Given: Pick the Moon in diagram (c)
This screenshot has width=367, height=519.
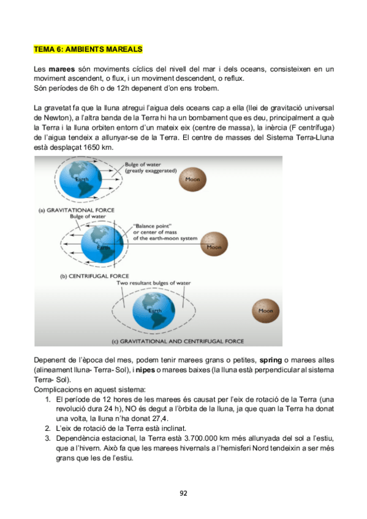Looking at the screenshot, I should coord(265,310).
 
